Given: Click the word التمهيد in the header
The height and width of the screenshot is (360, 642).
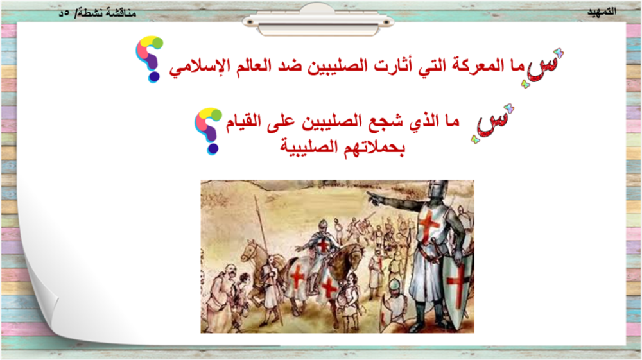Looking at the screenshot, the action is coord(602,12).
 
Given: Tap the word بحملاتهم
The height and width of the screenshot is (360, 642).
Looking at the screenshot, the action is coord(374,146).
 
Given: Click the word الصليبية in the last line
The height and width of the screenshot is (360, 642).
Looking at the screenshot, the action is coord(309,146).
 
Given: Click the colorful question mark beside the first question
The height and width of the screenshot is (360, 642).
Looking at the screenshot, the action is coord(150,59).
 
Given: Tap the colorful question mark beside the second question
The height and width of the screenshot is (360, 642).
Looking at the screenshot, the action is coord(208,131).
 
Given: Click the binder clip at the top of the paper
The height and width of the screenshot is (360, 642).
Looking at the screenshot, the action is coord(318,20).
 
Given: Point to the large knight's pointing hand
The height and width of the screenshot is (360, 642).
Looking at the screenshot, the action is coord(374,198).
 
